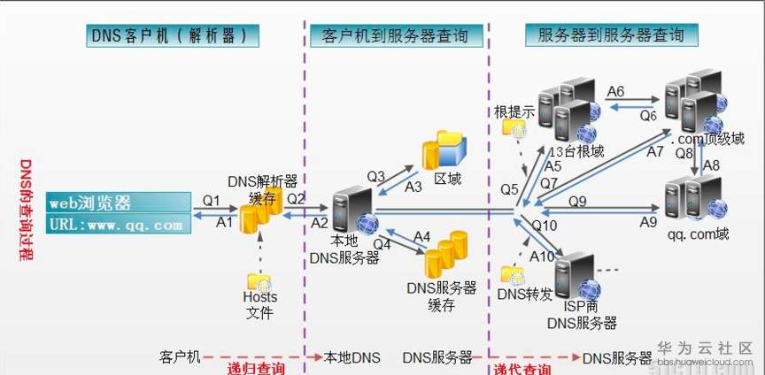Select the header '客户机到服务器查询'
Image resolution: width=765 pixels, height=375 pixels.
pos(395,35)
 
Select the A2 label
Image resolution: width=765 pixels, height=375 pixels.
pos(320,222)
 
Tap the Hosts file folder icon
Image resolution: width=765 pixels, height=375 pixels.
pos(259,282)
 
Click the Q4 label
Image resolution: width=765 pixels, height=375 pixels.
pos(382,242)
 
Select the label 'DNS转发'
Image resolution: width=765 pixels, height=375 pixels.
pos(525,294)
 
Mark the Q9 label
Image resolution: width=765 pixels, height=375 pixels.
pos(577,202)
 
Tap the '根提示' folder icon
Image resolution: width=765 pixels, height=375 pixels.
pos(514,128)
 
